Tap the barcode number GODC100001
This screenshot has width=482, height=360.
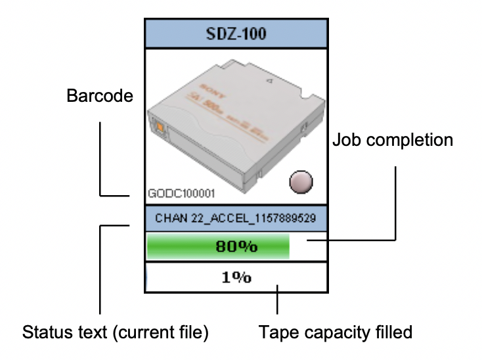point(181,194)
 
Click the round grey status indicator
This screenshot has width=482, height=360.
point(301,181)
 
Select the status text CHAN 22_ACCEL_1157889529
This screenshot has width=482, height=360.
point(236,217)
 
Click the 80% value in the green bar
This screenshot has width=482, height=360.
point(236,247)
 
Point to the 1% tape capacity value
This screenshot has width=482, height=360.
point(236,277)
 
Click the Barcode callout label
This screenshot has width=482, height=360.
point(100,97)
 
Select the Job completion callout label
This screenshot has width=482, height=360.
point(393,140)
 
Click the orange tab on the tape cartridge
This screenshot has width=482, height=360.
point(158,125)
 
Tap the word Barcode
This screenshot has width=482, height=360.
point(100,97)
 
